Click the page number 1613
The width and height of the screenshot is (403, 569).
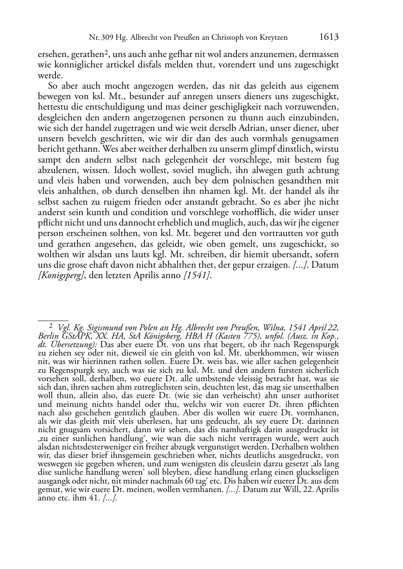[329, 37]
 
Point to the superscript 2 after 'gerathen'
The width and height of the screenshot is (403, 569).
[106, 51]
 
